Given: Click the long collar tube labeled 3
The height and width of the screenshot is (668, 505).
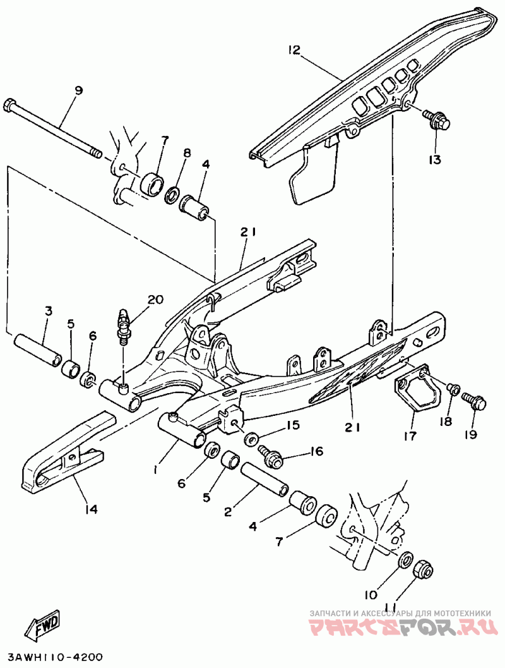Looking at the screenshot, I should (38, 349).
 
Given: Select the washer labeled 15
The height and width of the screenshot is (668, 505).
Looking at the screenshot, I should (251, 437).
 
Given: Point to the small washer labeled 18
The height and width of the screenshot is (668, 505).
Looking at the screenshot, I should (453, 389).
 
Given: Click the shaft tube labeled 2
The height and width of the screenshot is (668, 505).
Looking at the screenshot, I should (264, 478).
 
